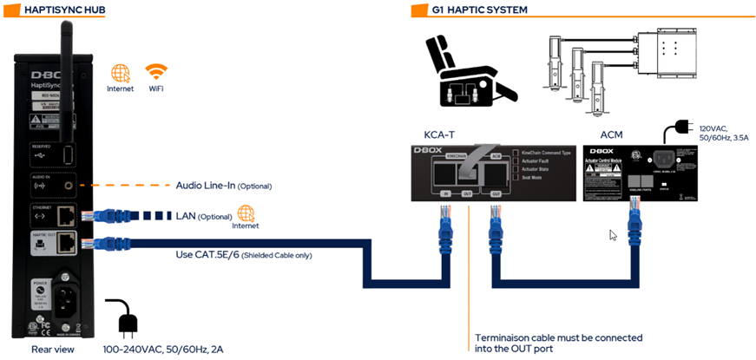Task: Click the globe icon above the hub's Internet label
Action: point(121,73)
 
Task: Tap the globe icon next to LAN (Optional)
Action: point(247,213)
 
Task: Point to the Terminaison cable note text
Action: point(558,343)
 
